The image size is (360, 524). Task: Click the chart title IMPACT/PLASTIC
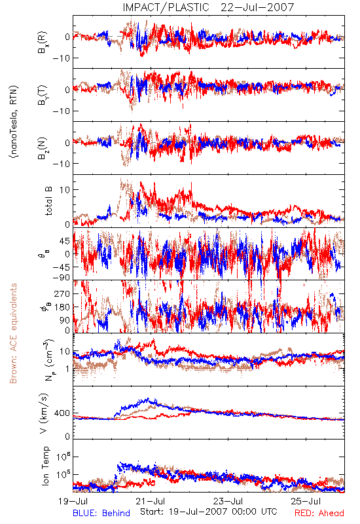(166, 7)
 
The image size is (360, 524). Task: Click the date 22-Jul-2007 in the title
(257, 7)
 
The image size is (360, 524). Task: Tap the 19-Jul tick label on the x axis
(73, 501)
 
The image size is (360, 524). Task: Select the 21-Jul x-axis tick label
(151, 501)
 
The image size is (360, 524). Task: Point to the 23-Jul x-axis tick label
(228, 501)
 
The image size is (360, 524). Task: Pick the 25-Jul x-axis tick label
(306, 501)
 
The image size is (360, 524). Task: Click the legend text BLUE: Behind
(101, 513)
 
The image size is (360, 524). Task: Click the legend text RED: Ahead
(319, 513)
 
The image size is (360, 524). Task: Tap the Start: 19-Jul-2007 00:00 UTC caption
(209, 512)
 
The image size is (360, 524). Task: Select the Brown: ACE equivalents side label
(13, 333)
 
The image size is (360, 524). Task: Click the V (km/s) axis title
(44, 413)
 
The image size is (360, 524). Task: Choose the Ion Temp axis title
(45, 466)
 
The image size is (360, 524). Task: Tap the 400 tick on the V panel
(62, 413)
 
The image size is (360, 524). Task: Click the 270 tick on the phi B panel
(62, 293)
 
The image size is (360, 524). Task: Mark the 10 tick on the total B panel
(65, 190)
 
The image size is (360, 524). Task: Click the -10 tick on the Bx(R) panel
(61, 58)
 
